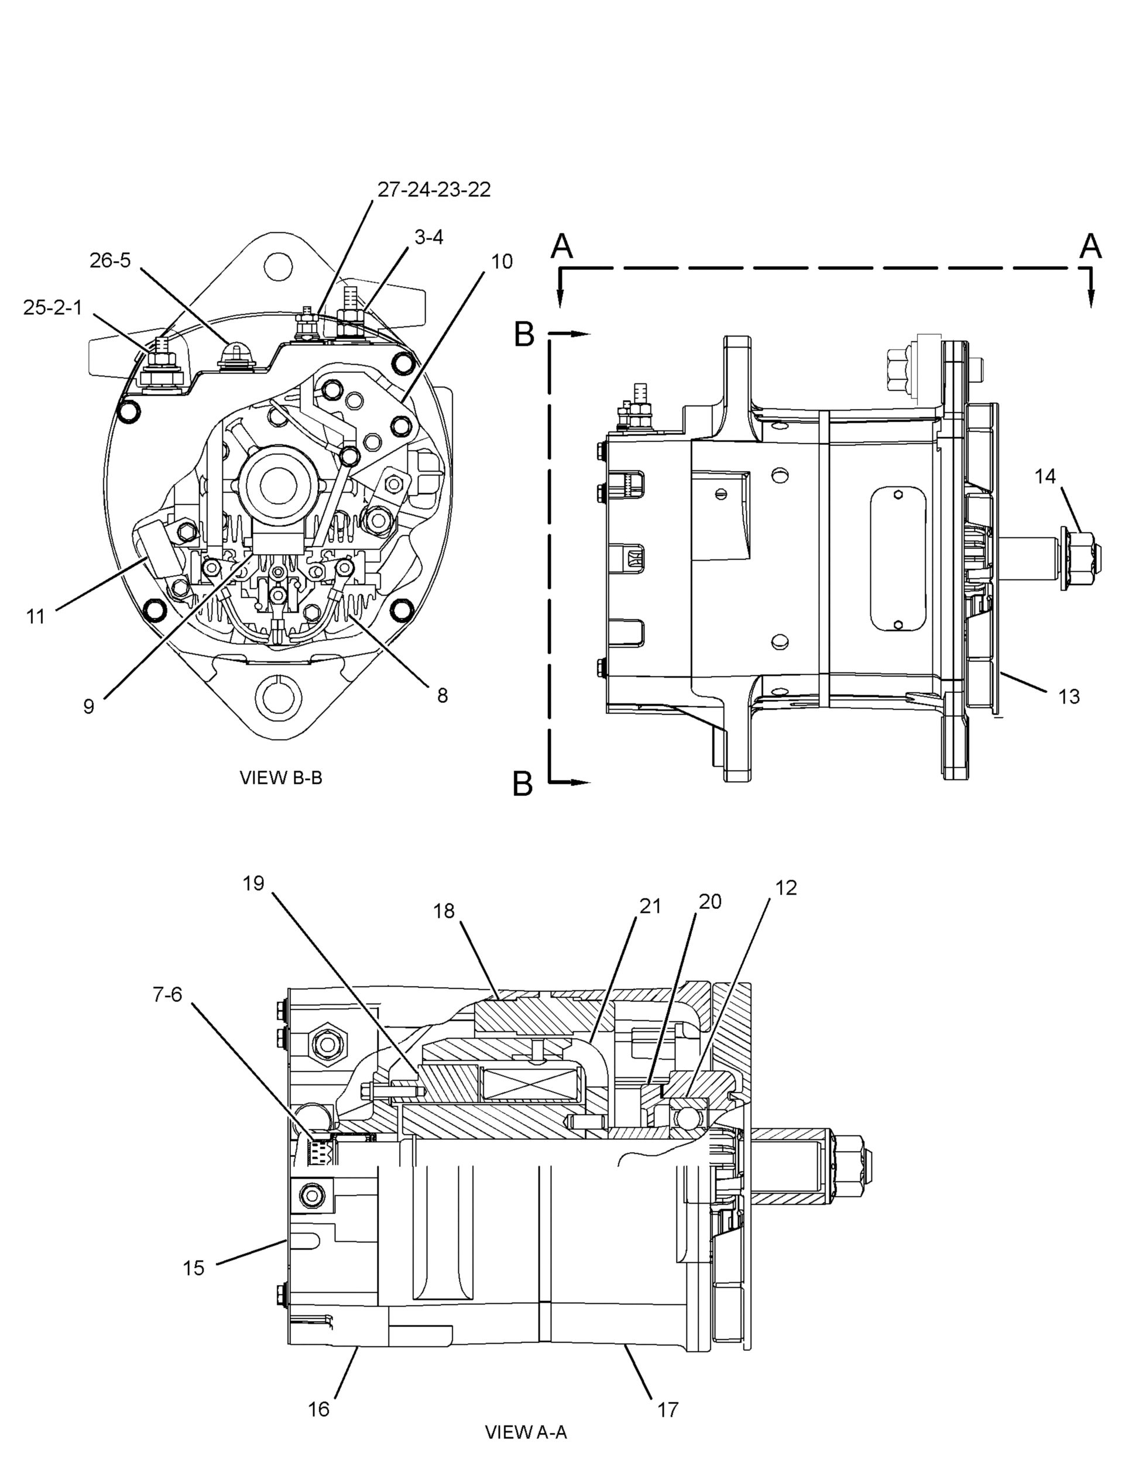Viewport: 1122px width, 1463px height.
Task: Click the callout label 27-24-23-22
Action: pyautogui.click(x=434, y=190)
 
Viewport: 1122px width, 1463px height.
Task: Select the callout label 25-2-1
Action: pyautogui.click(x=53, y=308)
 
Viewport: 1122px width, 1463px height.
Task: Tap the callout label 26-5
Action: pyautogui.click(x=110, y=260)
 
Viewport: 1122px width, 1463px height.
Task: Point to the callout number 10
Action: pyautogui.click(x=502, y=261)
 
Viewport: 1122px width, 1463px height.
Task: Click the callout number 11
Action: pyautogui.click(x=35, y=616)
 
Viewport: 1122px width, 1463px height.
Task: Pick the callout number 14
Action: pyautogui.click(x=1045, y=476)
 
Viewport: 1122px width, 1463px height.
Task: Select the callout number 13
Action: pyautogui.click(x=1069, y=696)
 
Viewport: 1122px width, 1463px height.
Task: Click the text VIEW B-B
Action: pyautogui.click(x=280, y=778)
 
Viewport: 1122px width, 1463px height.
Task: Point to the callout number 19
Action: pyautogui.click(x=253, y=884)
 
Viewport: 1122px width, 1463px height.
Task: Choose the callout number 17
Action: pyautogui.click(x=668, y=1410)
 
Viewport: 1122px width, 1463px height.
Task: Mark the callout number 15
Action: pyautogui.click(x=194, y=1268)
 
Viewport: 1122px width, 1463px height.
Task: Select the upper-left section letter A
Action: pyautogui.click(x=562, y=246)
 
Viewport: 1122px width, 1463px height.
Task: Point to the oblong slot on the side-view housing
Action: pyautogui.click(x=898, y=558)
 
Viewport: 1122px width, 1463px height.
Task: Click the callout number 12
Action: pyautogui.click(x=787, y=888)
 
